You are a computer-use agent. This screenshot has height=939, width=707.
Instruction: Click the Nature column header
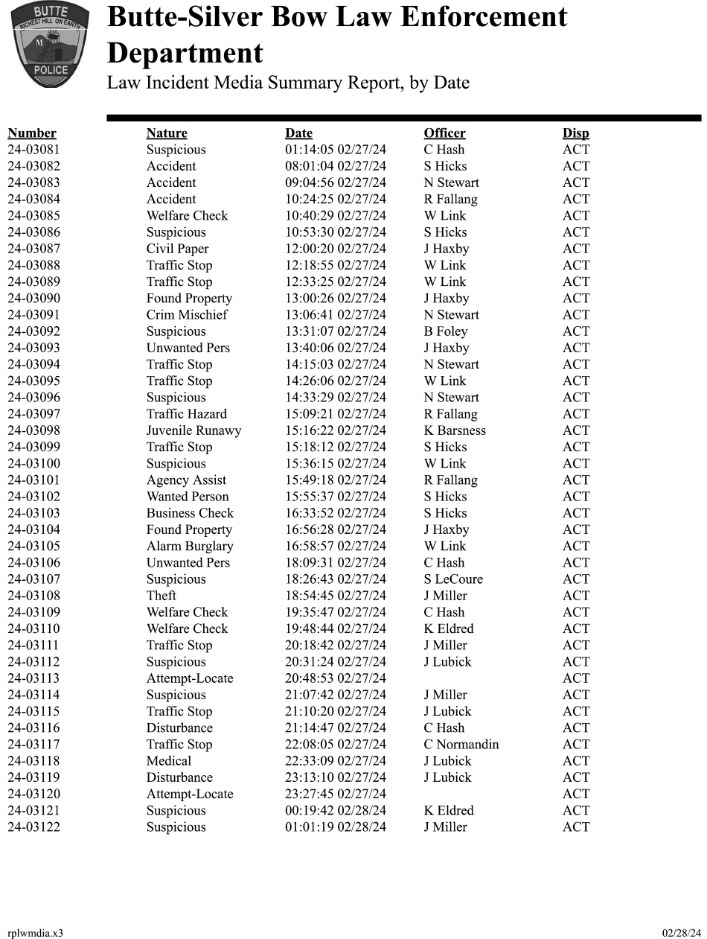pos(167,133)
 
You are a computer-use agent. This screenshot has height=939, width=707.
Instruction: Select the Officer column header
pos(444,133)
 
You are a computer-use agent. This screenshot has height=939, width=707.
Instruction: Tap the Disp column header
pos(575,133)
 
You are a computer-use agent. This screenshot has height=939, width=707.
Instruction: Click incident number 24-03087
pos(33,249)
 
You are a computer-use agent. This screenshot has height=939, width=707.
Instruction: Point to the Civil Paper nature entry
pos(177,249)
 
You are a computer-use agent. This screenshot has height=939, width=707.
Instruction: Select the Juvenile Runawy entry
pos(193,430)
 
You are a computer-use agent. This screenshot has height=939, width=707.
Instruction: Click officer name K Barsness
pos(455,430)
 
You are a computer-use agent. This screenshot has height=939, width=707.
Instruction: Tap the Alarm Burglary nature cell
pos(190,546)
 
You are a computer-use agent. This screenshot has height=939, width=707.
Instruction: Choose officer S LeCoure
pos(453,579)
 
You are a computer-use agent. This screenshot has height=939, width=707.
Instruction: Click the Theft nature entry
pos(161,596)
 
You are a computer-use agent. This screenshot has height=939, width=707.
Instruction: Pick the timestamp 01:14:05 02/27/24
pos(336,150)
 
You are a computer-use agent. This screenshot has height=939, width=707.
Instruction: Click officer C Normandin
pos(461,745)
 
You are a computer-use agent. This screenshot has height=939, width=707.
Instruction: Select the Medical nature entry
pos(169,761)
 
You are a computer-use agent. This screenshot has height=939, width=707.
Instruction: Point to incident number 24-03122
pos(33,827)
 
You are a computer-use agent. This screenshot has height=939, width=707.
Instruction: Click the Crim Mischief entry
pos(187,315)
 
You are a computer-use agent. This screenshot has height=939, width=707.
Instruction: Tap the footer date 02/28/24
pos(681,933)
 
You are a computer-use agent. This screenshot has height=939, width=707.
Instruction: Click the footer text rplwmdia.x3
pos(35,933)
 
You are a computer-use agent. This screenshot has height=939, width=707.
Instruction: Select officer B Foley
pos(446,331)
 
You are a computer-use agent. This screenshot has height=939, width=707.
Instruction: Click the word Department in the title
pos(185,54)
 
